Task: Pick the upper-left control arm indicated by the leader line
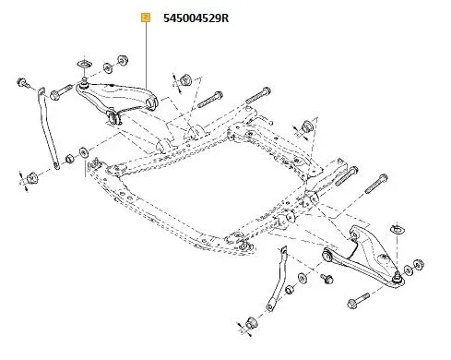pyautogui.click(x=125, y=97)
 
